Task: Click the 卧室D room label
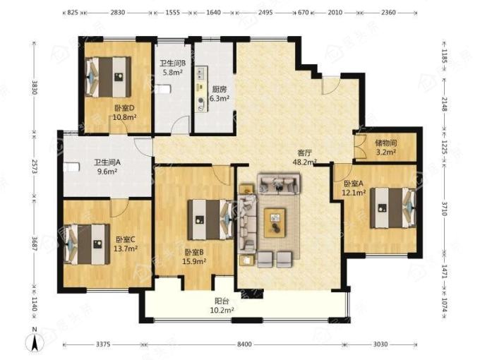(125, 109)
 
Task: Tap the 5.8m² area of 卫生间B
(172, 73)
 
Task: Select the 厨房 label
(220, 90)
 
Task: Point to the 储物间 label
(386, 143)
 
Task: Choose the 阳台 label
(222, 301)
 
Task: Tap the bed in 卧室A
(393, 208)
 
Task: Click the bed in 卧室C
(87, 244)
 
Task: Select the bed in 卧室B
(211, 220)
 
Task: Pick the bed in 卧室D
(108, 77)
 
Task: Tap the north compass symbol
(35, 340)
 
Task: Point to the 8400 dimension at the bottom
(244, 344)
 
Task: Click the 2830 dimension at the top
(118, 13)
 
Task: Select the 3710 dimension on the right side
(445, 208)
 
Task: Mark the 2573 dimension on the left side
(35, 167)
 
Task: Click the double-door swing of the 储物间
(359, 146)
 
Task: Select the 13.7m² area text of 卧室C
(125, 248)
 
